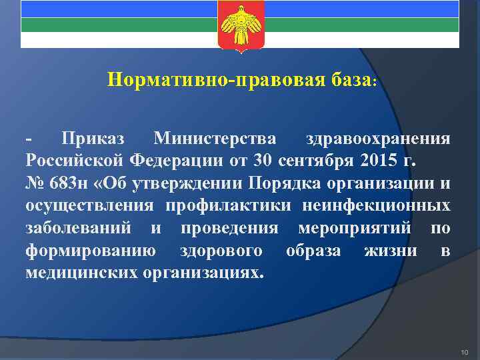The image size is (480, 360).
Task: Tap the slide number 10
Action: tap(465, 351)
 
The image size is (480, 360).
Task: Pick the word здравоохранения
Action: tap(377, 139)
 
